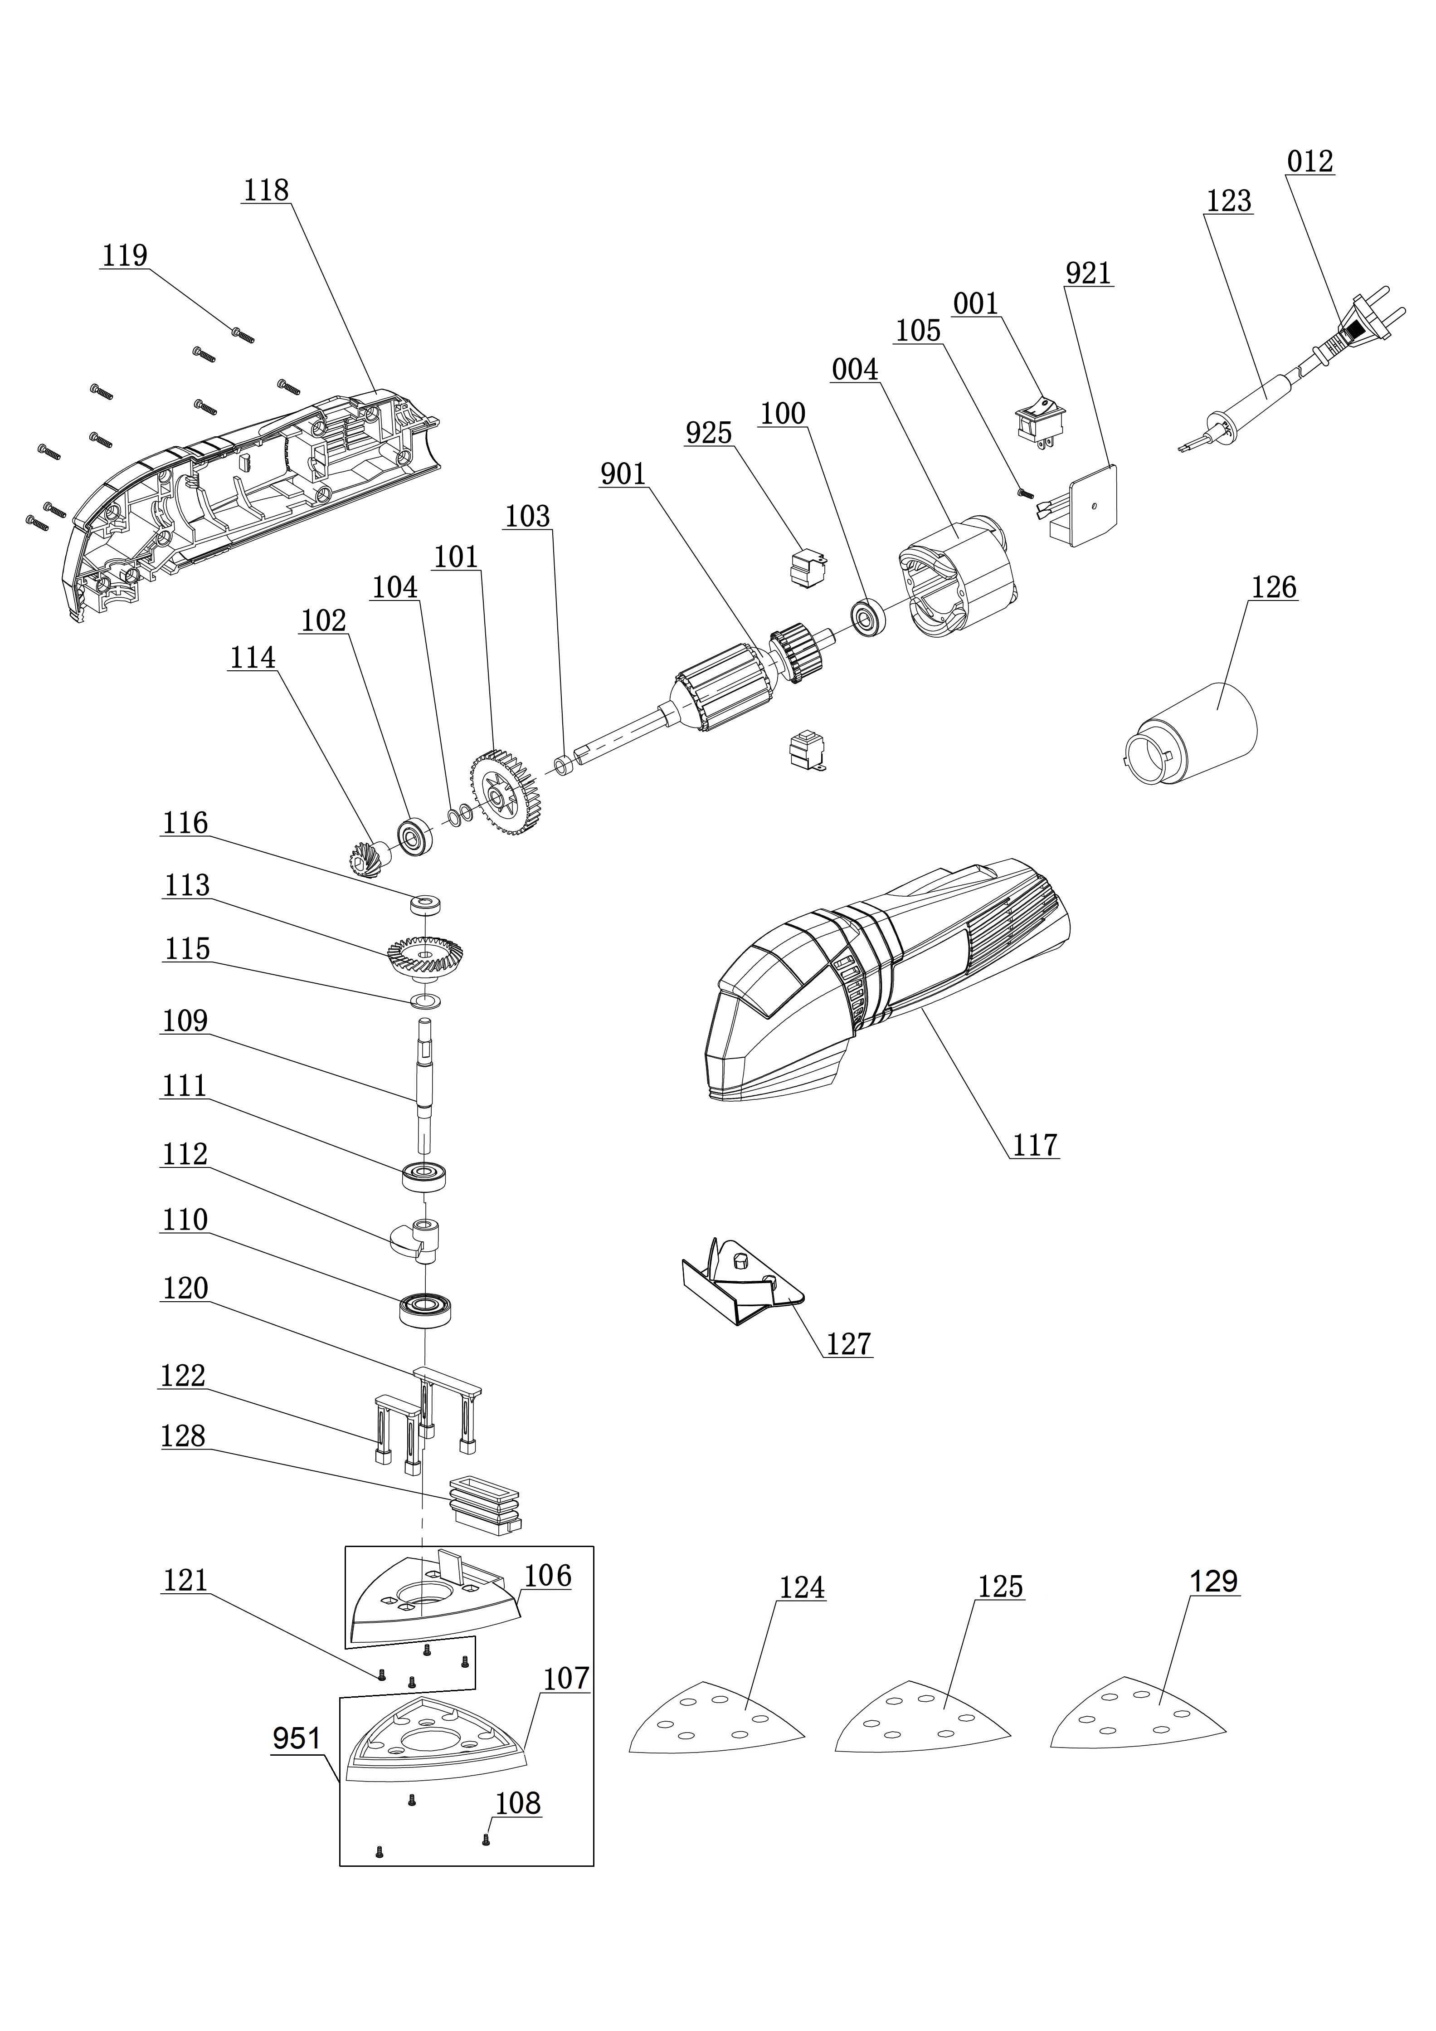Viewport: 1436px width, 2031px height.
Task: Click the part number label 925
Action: pyautogui.click(x=709, y=434)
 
